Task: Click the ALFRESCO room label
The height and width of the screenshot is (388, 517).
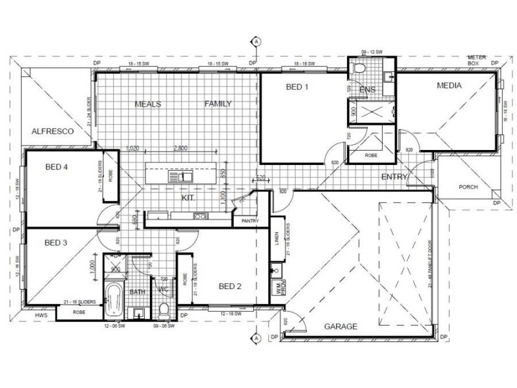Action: point(53,131)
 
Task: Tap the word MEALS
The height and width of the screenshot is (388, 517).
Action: point(147,103)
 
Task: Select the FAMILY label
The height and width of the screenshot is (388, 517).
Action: point(218,103)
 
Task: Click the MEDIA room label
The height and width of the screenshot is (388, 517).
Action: point(449,85)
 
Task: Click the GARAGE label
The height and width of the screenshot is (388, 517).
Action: point(341,327)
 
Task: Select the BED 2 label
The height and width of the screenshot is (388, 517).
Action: point(230,286)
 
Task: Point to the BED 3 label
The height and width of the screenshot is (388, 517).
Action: point(56,243)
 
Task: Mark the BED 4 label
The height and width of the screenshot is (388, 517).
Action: point(57,167)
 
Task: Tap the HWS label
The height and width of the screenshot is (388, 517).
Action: point(41,315)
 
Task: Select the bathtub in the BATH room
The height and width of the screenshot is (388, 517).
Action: point(114,299)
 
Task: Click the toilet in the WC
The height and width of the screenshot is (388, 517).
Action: point(164,309)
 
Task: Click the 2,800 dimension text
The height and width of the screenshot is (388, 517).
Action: point(181,148)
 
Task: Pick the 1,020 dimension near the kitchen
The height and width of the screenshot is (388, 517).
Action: point(134,148)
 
